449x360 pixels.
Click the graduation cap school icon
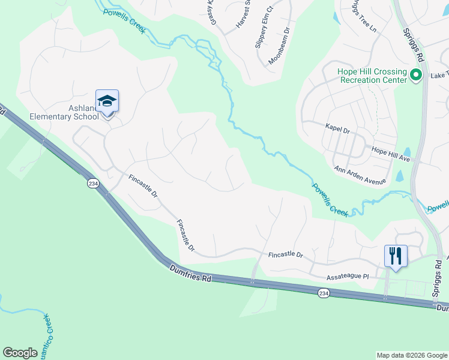pyautogui.click(x=107, y=101)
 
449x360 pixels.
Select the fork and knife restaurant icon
pyautogui.click(x=396, y=256)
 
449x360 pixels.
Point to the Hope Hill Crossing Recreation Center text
pyautogui.click(x=372, y=75)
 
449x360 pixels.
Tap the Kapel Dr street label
pyautogui.click(x=337, y=128)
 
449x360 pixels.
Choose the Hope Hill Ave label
pyautogui.click(x=390, y=154)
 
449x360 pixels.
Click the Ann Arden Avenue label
pyautogui.click(x=360, y=175)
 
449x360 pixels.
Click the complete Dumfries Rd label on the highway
pyautogui.click(x=191, y=274)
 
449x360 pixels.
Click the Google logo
pyautogui.click(x=20, y=353)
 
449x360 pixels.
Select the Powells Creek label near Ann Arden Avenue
pyautogui.click(x=330, y=199)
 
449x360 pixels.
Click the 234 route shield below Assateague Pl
pyautogui.click(x=324, y=293)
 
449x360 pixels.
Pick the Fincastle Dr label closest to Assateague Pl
pyautogui.click(x=285, y=254)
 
